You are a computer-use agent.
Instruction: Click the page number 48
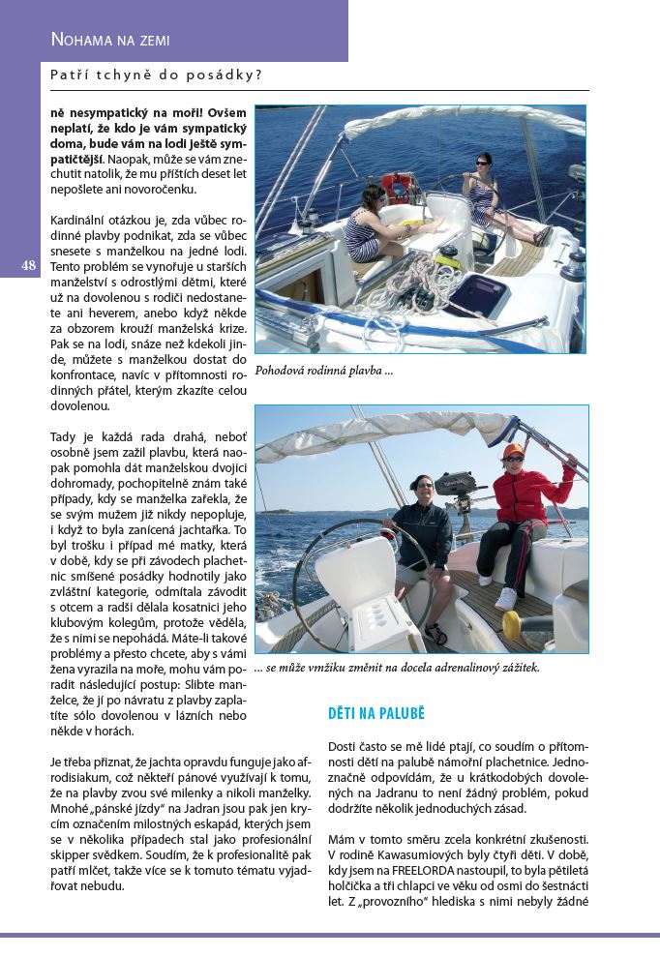click(28, 264)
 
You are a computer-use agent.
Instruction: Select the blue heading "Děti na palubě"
click(376, 714)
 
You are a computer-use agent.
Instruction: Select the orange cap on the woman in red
click(513, 450)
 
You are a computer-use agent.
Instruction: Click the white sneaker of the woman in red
click(506, 599)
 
